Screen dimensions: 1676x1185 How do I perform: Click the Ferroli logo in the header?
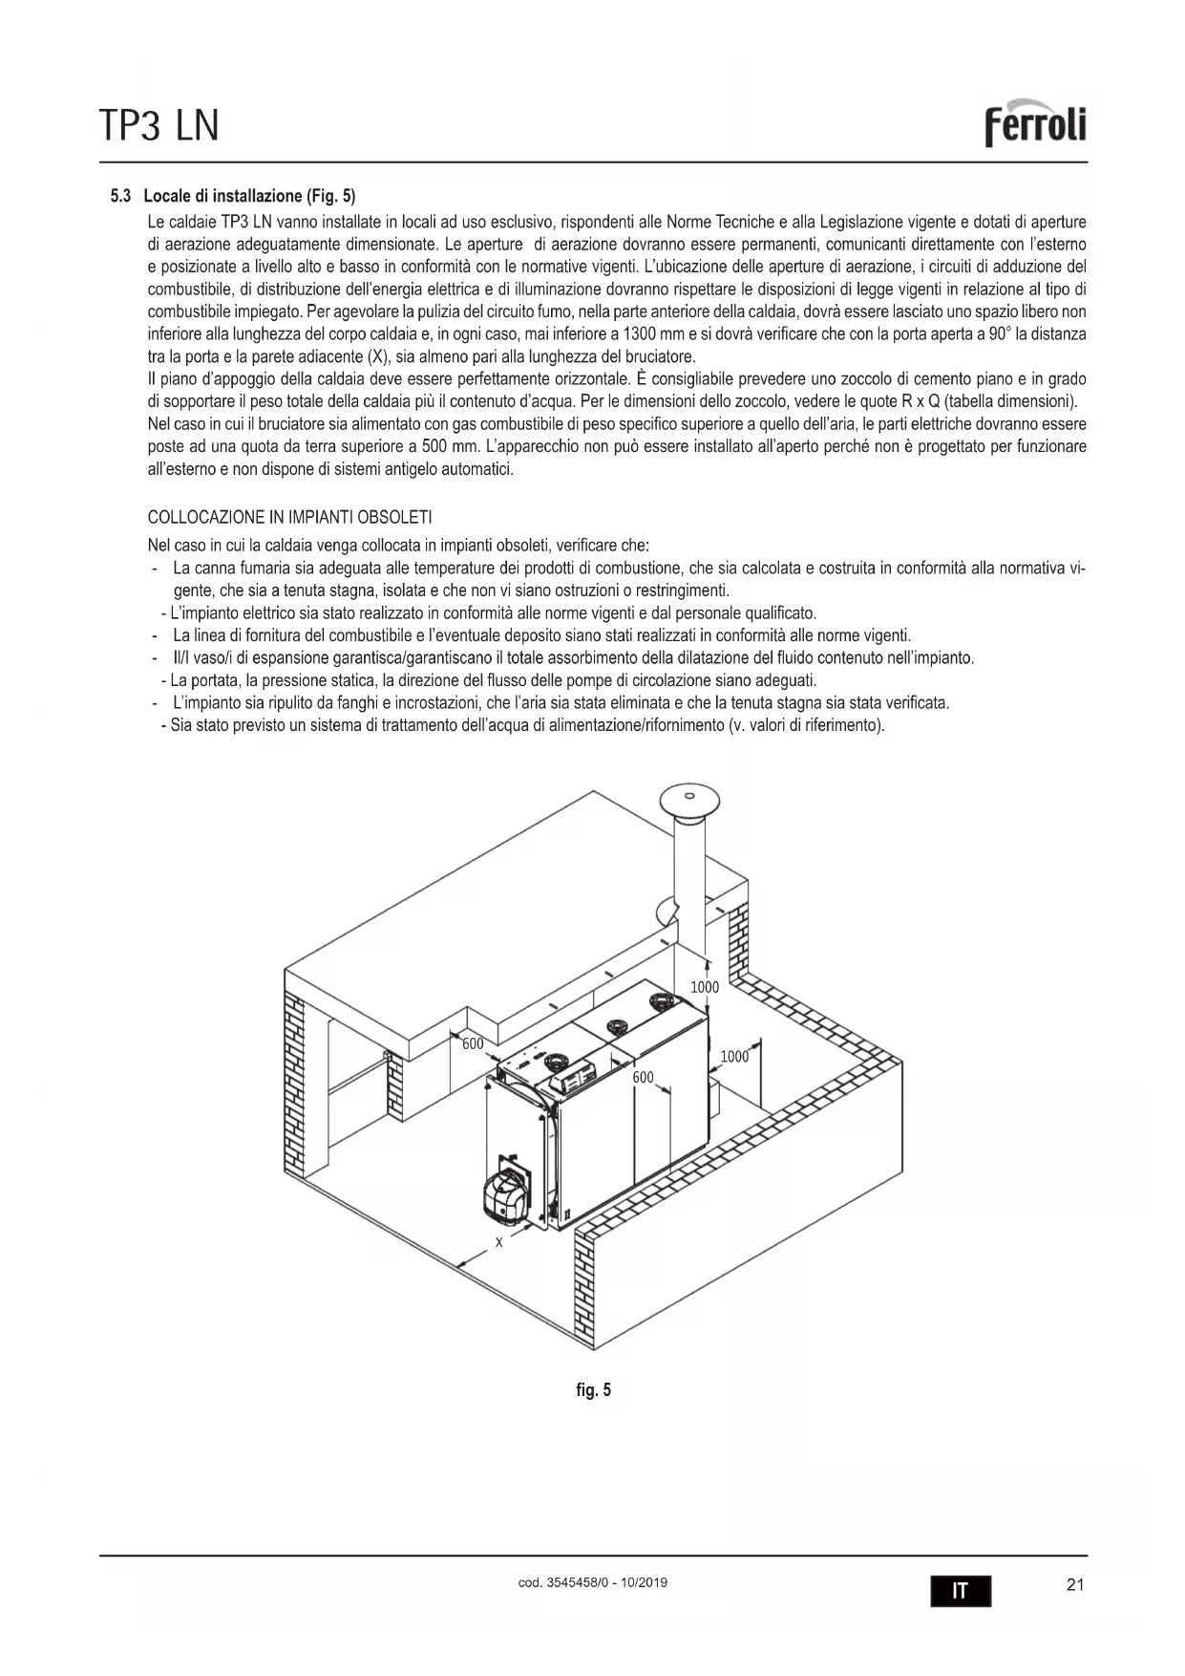click(1036, 124)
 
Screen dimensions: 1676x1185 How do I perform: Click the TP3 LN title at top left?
click(159, 125)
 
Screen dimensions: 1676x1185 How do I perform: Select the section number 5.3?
click(120, 197)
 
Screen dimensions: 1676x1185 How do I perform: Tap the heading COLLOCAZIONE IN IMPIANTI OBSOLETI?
click(289, 517)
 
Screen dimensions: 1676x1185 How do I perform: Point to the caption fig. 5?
click(593, 1389)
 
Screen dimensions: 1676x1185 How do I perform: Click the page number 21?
click(1074, 1585)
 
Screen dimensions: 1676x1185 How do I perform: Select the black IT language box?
click(961, 1591)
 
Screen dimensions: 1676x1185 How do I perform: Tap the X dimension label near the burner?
click(498, 1242)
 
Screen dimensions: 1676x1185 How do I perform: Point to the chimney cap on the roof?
click(688, 798)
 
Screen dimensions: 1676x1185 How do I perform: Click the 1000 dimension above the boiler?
click(705, 987)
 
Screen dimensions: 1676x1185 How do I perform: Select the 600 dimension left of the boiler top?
click(473, 1043)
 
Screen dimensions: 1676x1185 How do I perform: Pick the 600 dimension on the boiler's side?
click(643, 1078)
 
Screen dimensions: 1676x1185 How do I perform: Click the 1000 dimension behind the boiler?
click(734, 1056)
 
